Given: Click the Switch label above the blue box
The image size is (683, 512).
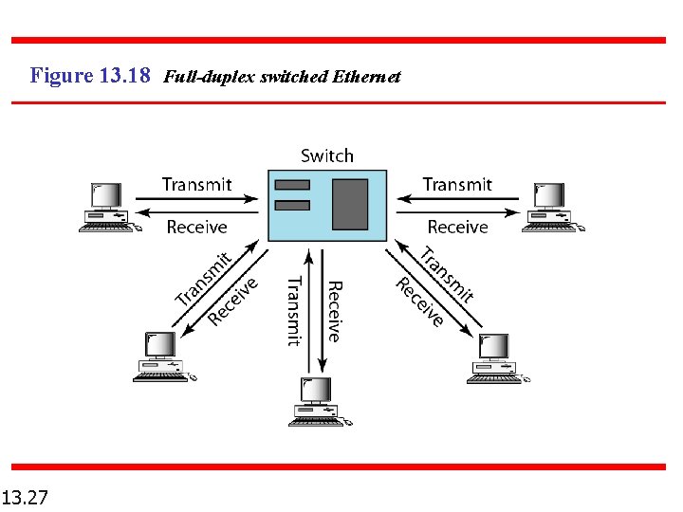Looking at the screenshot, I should pyautogui.click(x=326, y=155).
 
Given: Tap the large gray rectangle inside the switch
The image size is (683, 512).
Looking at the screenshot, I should pyautogui.click(x=349, y=204).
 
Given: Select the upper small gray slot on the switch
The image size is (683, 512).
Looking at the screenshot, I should pyautogui.click(x=292, y=184).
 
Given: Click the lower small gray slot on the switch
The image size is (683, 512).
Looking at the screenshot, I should pyautogui.click(x=292, y=205).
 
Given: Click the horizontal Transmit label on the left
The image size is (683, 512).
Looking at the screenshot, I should pyautogui.click(x=195, y=184).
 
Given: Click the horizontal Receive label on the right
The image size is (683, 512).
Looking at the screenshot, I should pyautogui.click(x=457, y=227).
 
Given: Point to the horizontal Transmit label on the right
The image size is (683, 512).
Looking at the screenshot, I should pyautogui.click(x=457, y=184).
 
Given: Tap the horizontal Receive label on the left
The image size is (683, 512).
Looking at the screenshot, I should pyautogui.click(x=196, y=227).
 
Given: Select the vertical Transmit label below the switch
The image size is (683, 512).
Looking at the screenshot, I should pyautogui.click(x=294, y=311).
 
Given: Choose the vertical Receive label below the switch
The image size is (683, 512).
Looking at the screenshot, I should pyautogui.click(x=334, y=311).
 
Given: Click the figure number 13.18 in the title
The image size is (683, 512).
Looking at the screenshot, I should pyautogui.click(x=123, y=75).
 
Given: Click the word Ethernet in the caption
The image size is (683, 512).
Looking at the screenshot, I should pyautogui.click(x=366, y=76).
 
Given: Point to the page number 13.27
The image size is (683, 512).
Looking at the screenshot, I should pyautogui.click(x=27, y=497).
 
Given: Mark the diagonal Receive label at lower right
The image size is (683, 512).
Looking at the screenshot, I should pyautogui.click(x=419, y=302).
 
